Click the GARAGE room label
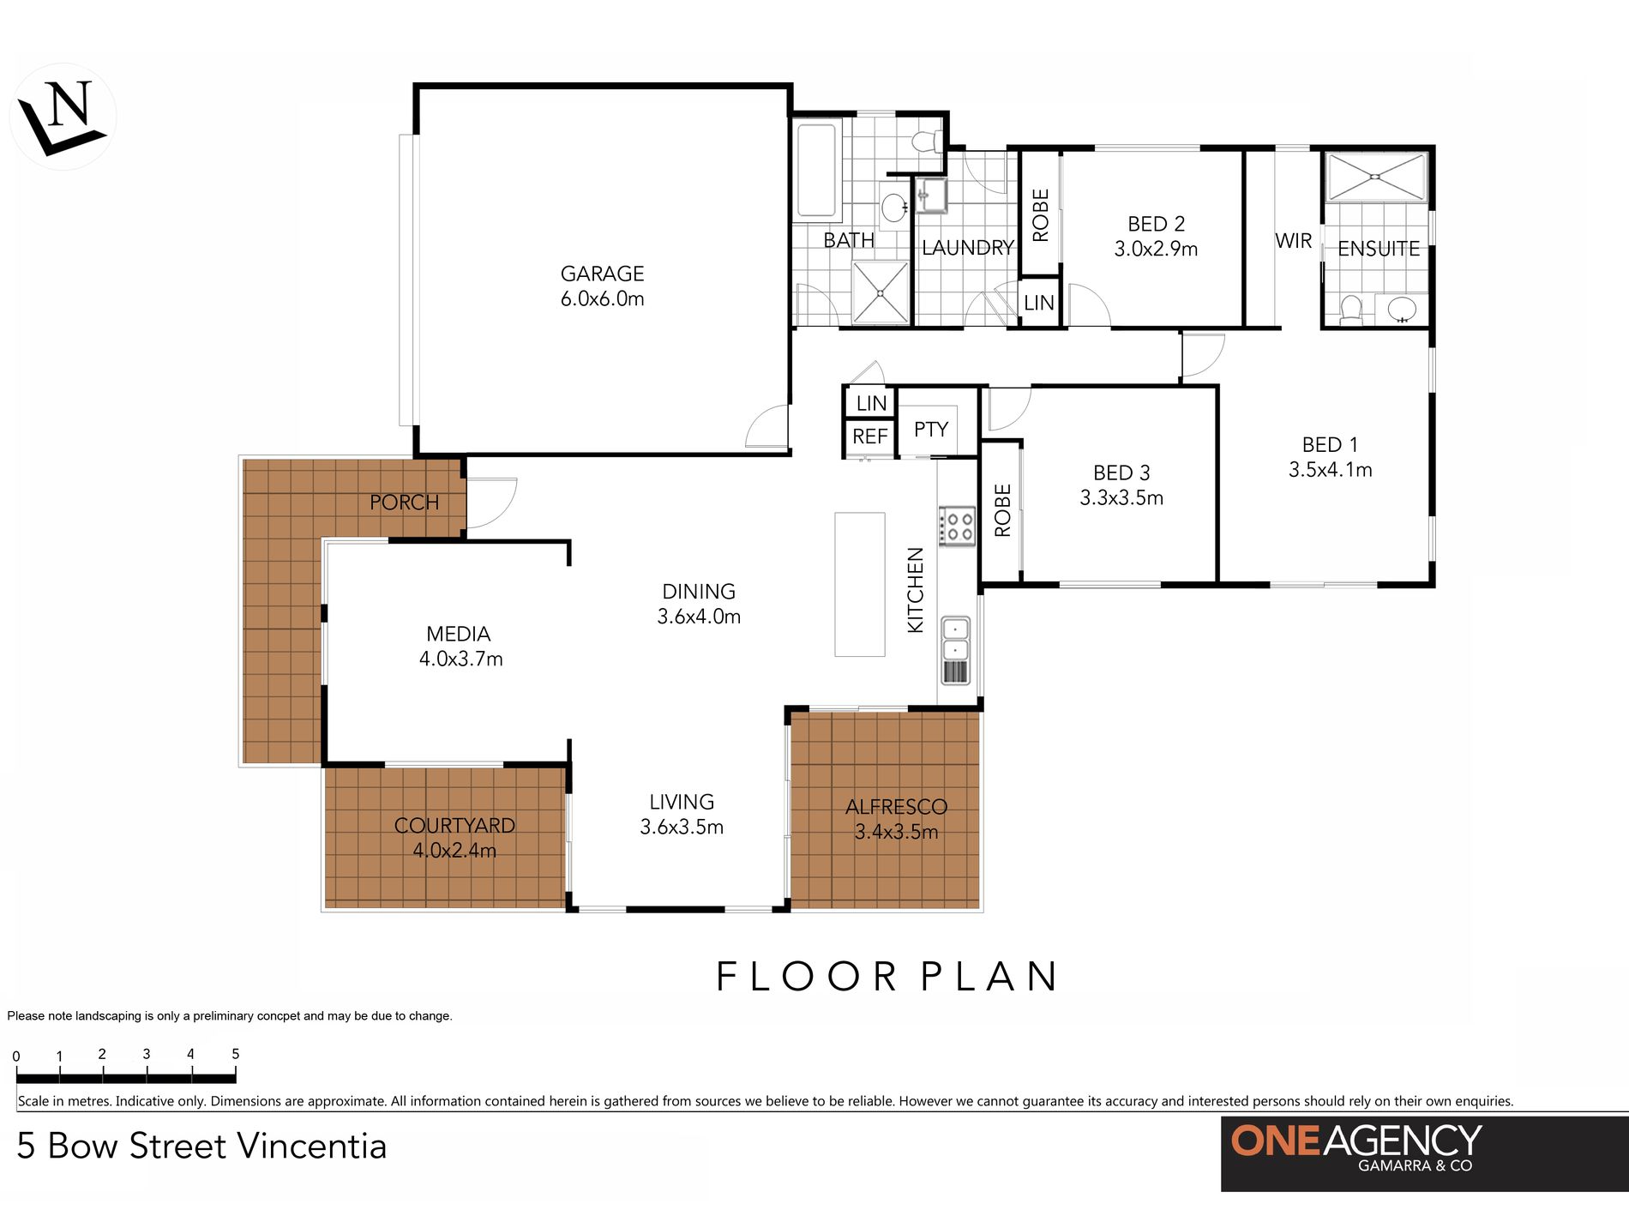pyautogui.click(x=602, y=274)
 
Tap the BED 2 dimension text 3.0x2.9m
pyautogui.click(x=1156, y=249)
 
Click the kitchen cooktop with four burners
pyautogui.click(x=957, y=526)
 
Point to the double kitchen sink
pyautogui.click(x=956, y=639)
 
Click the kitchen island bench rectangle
pyautogui.click(x=860, y=585)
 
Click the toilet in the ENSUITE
pyautogui.click(x=1350, y=310)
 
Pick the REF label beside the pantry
pyautogui.click(x=869, y=436)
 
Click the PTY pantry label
pyautogui.click(x=931, y=429)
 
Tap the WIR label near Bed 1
pyautogui.click(x=1293, y=241)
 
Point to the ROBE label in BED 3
pyautogui.click(x=1002, y=510)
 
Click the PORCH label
pyautogui.click(x=404, y=502)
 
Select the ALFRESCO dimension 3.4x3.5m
pyautogui.click(x=896, y=832)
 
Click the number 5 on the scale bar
pyautogui.click(x=235, y=1054)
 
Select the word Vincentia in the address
pyautogui.click(x=312, y=1147)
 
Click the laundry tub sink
pyautogui.click(x=931, y=196)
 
